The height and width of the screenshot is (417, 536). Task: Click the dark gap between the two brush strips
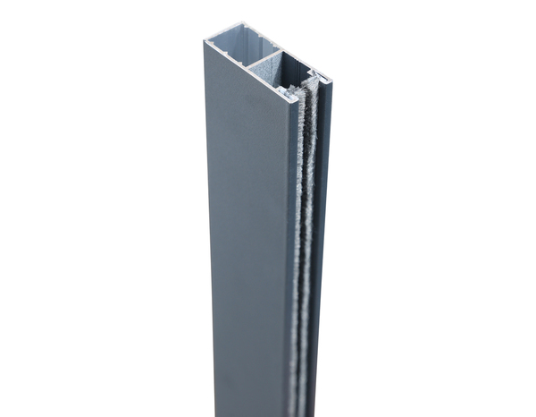[x=304, y=179]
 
